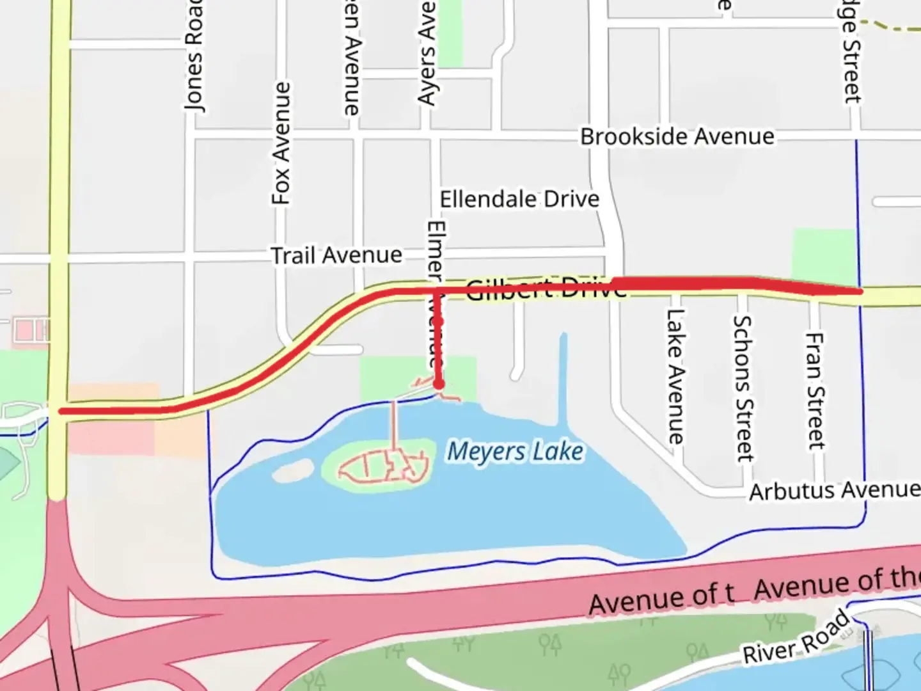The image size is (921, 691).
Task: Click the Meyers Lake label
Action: pos(515,452)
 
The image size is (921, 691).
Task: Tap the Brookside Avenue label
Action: pos(677,136)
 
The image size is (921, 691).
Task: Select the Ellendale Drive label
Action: pos(519,199)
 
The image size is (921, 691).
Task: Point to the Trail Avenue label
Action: pos(336,255)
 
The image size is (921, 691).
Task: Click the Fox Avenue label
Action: pos(281,143)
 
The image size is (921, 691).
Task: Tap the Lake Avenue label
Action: pos(675,376)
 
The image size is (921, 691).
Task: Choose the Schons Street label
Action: pos(743,388)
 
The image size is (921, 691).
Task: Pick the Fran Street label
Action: pos(814,390)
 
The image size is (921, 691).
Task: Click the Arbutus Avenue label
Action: pos(835,491)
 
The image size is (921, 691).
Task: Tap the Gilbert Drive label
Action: pos(546,289)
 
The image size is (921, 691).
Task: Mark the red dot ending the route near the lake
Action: pos(439,384)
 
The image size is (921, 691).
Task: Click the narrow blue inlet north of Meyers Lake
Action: pos(563,377)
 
